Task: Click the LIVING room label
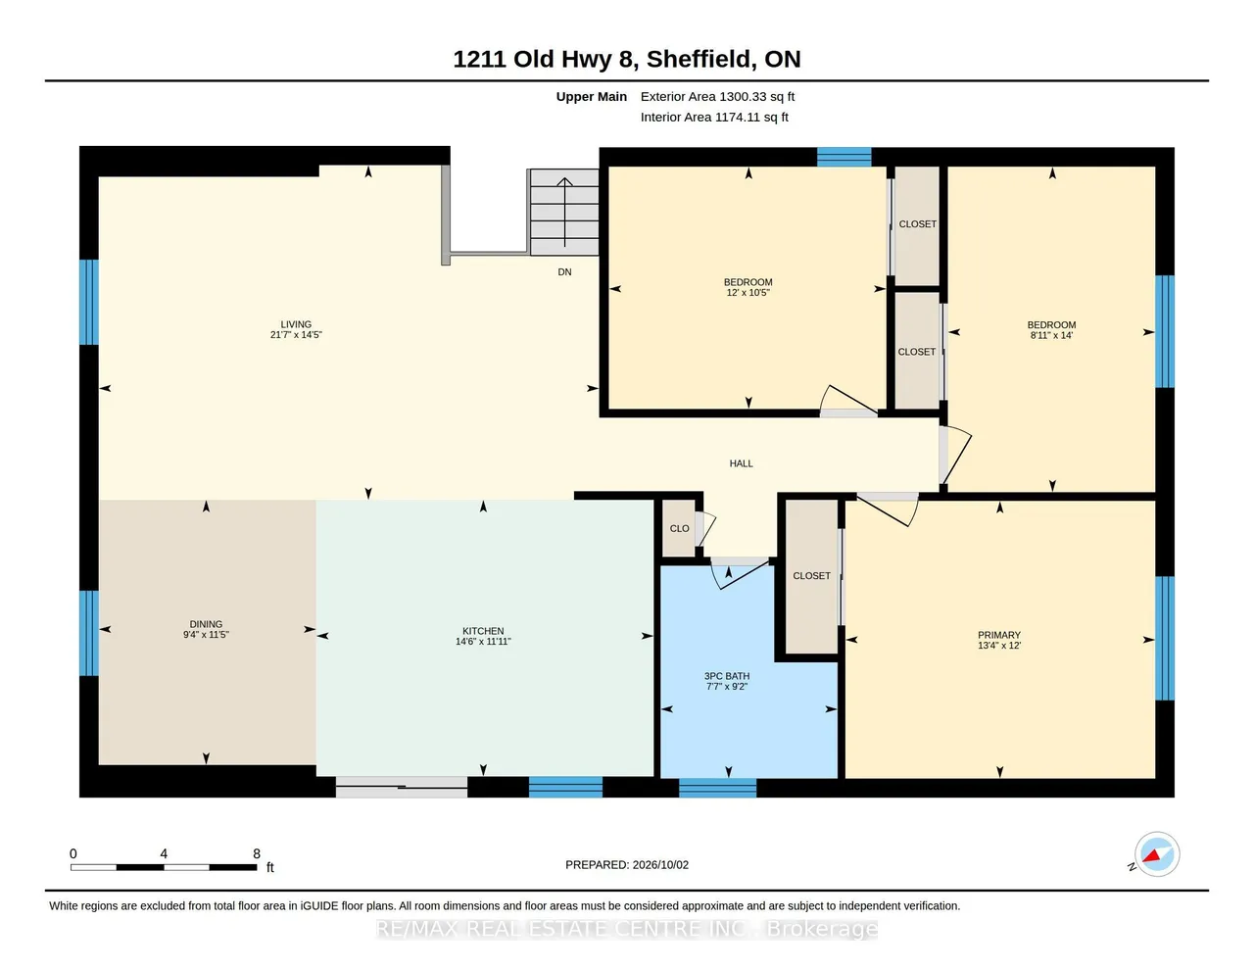(296, 324)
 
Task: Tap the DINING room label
(206, 624)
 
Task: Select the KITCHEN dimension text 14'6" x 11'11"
(483, 641)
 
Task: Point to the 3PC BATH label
(727, 676)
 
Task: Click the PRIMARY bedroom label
(999, 635)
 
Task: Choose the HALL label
(741, 463)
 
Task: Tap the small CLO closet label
(679, 529)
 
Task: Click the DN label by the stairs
(564, 271)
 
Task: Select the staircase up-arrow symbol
(564, 212)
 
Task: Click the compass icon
(1156, 854)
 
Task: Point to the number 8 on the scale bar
(257, 853)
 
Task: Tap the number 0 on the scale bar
(73, 853)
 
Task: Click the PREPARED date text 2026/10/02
(660, 864)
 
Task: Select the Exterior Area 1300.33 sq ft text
(717, 96)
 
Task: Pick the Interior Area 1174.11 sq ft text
(714, 118)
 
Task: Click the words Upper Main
(591, 96)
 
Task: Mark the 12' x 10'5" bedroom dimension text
(748, 293)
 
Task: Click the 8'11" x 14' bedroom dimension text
(1051, 335)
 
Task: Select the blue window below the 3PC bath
(717, 788)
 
